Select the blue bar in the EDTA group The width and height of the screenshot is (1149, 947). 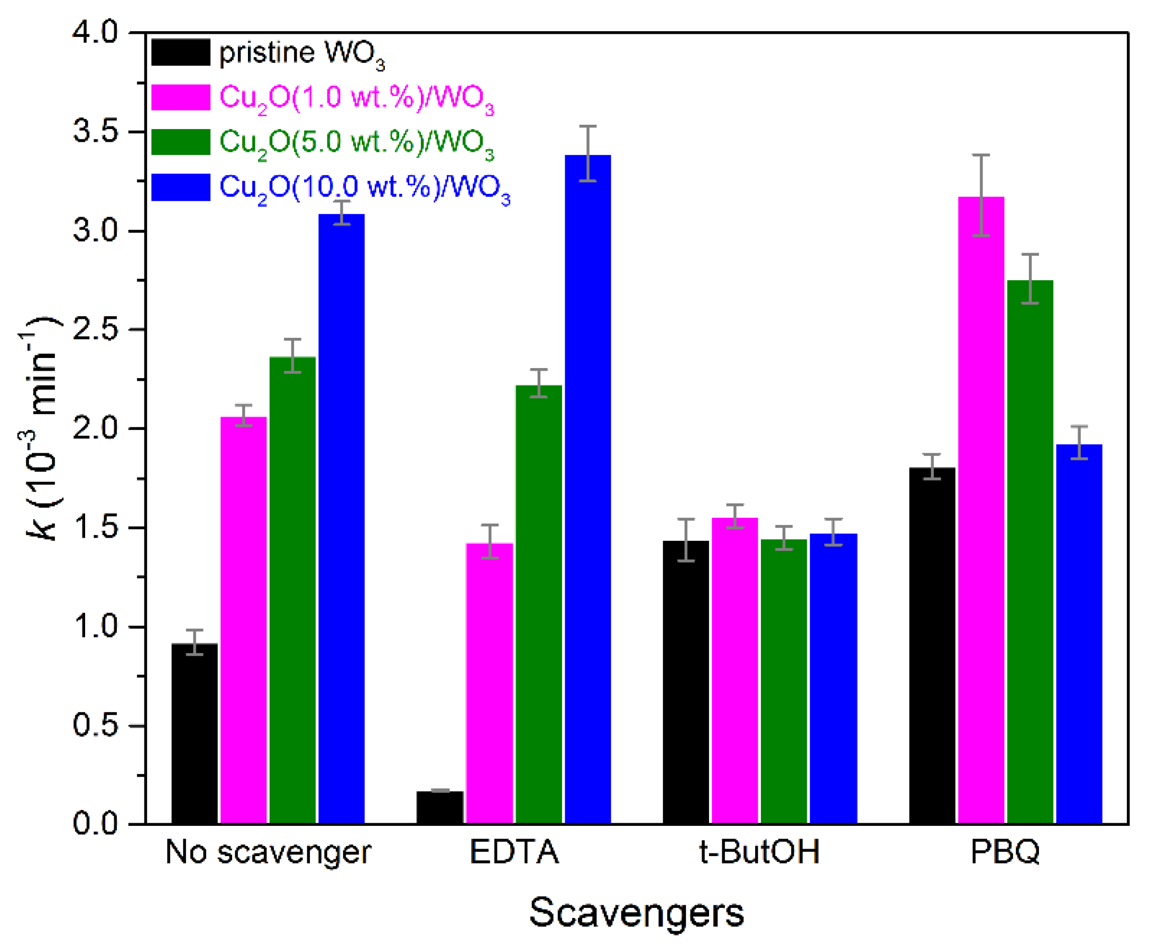(587, 491)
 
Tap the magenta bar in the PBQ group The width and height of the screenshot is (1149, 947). (980, 513)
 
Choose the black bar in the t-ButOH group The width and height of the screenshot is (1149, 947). (686, 682)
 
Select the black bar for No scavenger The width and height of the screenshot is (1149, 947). (194, 734)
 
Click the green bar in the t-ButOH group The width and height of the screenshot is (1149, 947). (784, 682)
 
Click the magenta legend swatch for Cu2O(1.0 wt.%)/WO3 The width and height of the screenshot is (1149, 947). (181, 98)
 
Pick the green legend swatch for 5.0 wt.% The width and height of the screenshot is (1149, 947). (181, 142)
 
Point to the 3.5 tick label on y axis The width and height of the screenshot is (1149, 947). (96, 133)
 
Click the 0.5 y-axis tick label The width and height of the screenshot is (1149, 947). (96, 726)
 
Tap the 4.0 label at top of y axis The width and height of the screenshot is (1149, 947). (96, 34)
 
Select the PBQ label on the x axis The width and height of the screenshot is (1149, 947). (1005, 851)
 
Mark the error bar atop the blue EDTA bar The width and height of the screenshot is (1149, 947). (587, 153)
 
